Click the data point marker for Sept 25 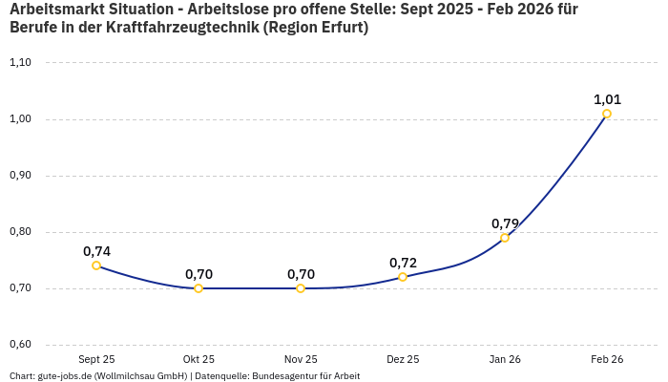(x=96, y=265)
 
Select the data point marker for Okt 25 (x=198, y=288)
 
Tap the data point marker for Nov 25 (x=301, y=288)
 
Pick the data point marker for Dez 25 (x=403, y=277)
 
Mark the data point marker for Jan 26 (x=505, y=238)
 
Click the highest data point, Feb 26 (x=607, y=114)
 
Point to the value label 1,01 (x=607, y=99)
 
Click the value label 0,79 (x=505, y=223)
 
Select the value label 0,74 (x=96, y=251)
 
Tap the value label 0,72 (x=403, y=263)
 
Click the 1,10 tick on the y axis (x=20, y=63)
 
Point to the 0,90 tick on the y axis (x=20, y=176)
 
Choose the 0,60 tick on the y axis (x=20, y=345)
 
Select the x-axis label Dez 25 (x=403, y=359)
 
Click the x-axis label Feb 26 (x=607, y=359)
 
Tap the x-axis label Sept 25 (x=96, y=359)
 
